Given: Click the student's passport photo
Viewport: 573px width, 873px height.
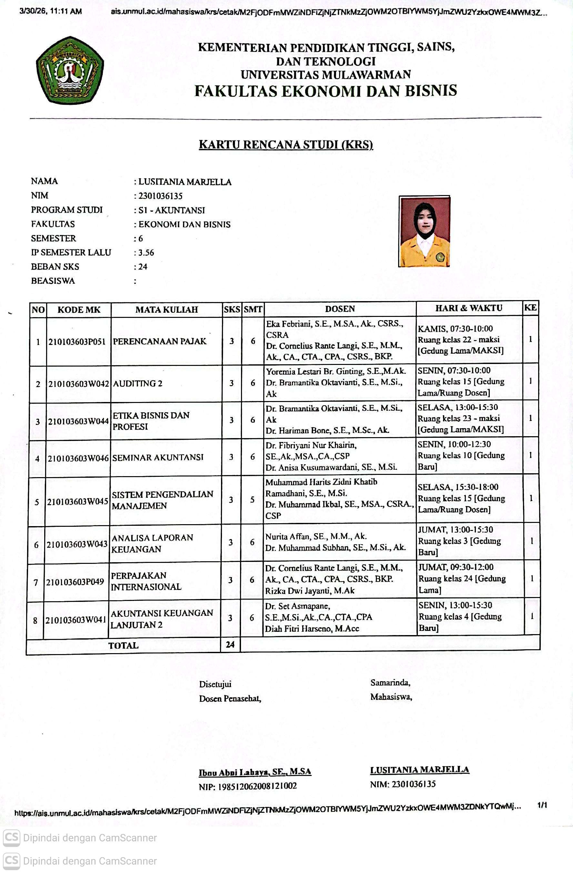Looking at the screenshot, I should [x=424, y=231].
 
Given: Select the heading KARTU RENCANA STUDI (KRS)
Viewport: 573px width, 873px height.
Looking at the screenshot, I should [x=286, y=144].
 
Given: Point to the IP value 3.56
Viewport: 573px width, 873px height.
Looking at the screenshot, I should [x=146, y=253].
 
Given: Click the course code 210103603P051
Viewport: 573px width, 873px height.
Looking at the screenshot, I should [x=77, y=341].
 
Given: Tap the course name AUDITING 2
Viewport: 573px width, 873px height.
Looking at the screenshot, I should [x=138, y=384].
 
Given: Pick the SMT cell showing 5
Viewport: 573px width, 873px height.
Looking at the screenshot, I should [x=252, y=500].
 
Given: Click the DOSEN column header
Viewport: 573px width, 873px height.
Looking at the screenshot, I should [x=340, y=309].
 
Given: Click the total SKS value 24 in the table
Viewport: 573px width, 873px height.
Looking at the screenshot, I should [x=230, y=644].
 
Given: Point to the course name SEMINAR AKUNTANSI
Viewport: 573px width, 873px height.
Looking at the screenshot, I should [x=158, y=457].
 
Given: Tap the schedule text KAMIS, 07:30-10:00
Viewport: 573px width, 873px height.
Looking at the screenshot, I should [x=455, y=329].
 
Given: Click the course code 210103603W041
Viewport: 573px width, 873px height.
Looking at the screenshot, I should [x=75, y=620].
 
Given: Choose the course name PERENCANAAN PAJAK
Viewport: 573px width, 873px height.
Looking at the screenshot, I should [x=160, y=341].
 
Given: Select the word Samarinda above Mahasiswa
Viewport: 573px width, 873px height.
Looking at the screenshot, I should [x=390, y=682].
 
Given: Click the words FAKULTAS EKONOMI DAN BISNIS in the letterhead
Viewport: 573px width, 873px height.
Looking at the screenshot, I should [x=326, y=91].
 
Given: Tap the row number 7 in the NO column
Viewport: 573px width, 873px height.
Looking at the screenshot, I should [x=35, y=582].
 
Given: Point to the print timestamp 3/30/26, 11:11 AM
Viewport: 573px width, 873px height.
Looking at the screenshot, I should [x=51, y=11].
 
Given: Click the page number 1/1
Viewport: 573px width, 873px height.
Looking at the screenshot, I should [x=542, y=805].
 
